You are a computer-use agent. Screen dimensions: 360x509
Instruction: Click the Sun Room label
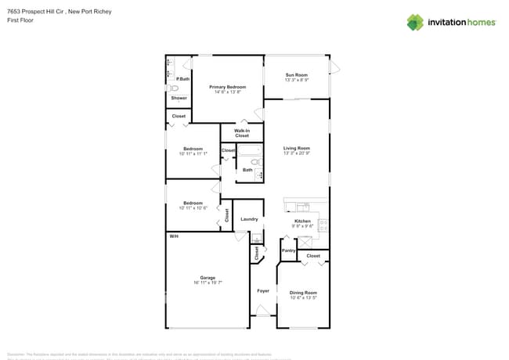pyautogui.click(x=296, y=74)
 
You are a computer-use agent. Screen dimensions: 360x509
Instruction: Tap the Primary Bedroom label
pyautogui.click(x=227, y=87)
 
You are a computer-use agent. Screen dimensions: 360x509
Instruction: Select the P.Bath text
pyautogui.click(x=182, y=80)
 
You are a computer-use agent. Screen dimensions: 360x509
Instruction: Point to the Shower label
pyautogui.click(x=179, y=98)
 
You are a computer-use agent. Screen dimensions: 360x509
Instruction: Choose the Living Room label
pyautogui.click(x=297, y=148)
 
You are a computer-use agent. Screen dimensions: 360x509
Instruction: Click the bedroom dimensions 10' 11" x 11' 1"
pyautogui.click(x=193, y=154)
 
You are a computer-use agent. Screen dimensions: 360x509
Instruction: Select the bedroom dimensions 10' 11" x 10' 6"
pyautogui.click(x=193, y=208)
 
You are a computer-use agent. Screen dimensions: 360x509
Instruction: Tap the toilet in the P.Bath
pyautogui.click(x=174, y=88)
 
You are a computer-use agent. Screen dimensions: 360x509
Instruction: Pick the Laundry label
pyautogui.click(x=249, y=219)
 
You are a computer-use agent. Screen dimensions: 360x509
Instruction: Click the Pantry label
pyautogui.click(x=288, y=250)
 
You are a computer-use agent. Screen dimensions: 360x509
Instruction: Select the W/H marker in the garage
pyautogui.click(x=173, y=236)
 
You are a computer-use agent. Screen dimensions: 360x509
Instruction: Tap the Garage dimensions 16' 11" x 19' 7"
pyautogui.click(x=208, y=283)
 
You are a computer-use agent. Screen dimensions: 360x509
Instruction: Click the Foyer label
pyautogui.click(x=263, y=290)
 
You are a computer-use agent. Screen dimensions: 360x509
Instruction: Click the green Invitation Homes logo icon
pyautogui.click(x=414, y=22)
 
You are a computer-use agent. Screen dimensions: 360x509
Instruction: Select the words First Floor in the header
pyautogui.click(x=21, y=20)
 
